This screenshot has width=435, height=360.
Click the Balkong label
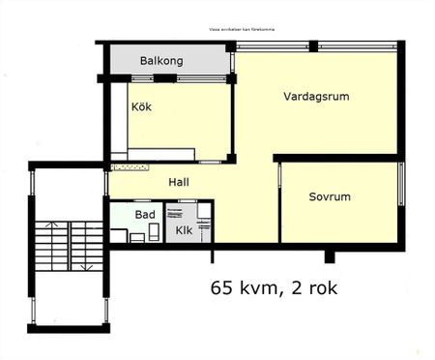160,60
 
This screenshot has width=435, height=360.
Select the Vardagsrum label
316,97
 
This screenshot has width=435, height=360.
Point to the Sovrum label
329,196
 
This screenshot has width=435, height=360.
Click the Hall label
179,182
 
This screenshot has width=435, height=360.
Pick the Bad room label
145,214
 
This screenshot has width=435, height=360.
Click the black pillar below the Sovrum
330,255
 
